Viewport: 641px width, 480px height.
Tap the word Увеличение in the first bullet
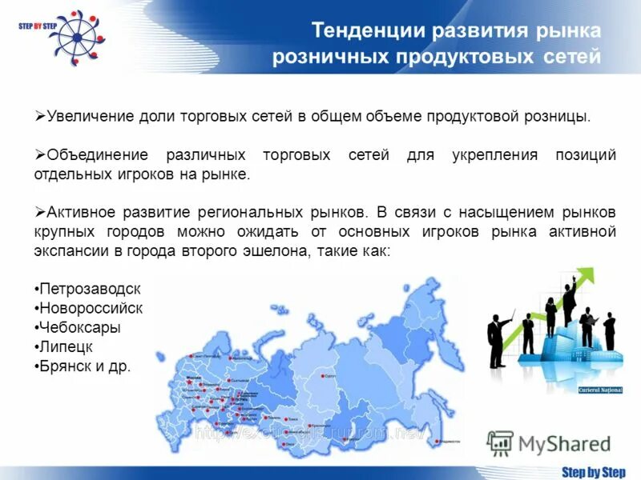[86, 117]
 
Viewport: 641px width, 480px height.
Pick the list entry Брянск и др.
[83, 366]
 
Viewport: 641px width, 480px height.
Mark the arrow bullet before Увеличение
[40, 116]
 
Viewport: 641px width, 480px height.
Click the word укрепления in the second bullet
[498, 155]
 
